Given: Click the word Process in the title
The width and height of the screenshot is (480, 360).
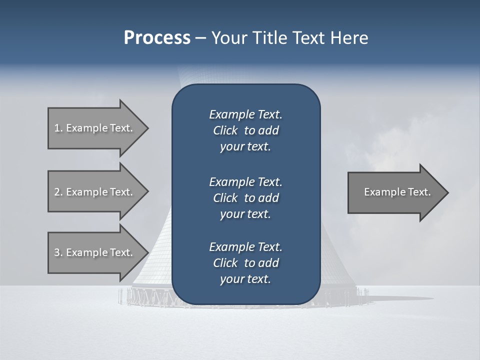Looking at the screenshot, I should click(x=157, y=38).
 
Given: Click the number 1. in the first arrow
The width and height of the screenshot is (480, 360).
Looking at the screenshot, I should click(x=58, y=128).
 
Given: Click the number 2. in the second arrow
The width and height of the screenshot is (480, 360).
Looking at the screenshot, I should click(x=58, y=192).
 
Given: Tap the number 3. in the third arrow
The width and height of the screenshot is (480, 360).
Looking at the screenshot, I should click(x=58, y=252).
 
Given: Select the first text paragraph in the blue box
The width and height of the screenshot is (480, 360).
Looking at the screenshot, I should click(x=245, y=130).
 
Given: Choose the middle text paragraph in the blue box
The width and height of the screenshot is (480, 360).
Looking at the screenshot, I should click(x=245, y=197).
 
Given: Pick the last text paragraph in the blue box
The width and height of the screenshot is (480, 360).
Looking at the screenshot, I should click(x=245, y=263).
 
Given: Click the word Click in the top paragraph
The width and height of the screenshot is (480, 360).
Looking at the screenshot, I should click(x=225, y=130).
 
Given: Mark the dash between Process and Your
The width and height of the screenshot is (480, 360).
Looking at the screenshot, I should click(x=200, y=38).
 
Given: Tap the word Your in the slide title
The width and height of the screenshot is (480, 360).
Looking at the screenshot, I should click(x=228, y=38).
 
